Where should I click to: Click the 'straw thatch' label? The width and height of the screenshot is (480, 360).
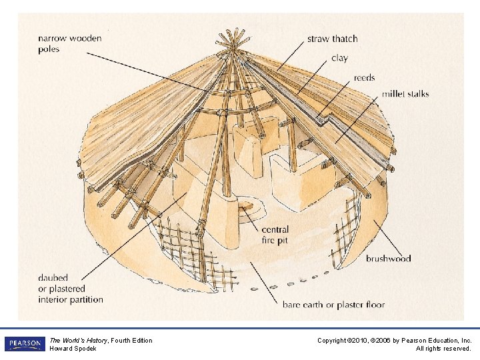point(332,39)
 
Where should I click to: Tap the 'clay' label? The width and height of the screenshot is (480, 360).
point(339,58)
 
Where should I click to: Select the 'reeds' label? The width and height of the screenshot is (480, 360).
point(364,78)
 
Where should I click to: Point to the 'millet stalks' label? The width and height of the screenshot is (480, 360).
point(405,94)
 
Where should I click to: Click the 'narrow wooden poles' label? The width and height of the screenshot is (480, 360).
point(69,43)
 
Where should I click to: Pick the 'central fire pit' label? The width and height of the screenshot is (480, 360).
point(275,235)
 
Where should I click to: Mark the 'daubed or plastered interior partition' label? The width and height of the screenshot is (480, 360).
point(71,289)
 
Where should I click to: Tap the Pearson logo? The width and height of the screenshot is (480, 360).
point(24,344)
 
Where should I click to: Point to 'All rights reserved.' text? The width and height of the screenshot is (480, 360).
point(443,349)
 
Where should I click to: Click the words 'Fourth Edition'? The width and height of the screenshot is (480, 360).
point(132,341)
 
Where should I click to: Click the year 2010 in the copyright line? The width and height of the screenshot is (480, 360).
point(359,341)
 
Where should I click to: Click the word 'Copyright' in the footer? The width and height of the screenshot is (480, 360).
point(331,341)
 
